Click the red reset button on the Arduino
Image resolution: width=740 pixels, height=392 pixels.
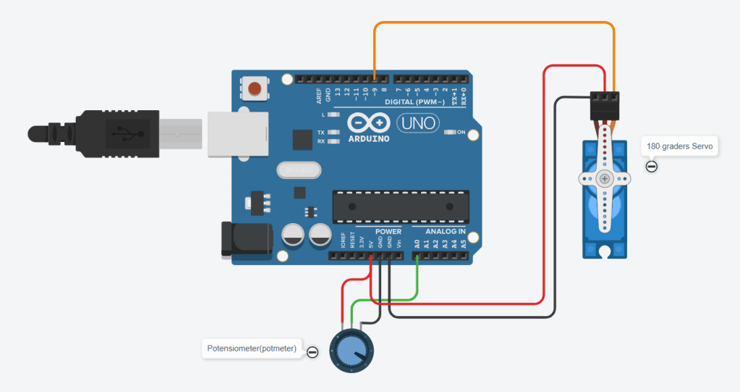click(x=254, y=89)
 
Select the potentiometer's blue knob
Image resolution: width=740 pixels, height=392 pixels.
click(x=351, y=352)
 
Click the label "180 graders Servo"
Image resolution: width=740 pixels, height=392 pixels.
click(x=679, y=146)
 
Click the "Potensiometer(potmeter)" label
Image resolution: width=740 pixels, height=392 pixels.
click(x=252, y=349)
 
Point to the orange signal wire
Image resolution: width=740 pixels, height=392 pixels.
click(x=492, y=23)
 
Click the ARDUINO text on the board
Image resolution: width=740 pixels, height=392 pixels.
click(x=369, y=138)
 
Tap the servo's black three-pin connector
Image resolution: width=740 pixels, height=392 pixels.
click(x=605, y=106)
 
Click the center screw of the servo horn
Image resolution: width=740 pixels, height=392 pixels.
click(x=604, y=178)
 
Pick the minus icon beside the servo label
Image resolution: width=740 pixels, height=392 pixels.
click(x=652, y=167)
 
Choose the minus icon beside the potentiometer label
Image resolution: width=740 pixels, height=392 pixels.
click(x=312, y=352)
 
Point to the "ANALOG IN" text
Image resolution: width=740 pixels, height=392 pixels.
click(x=445, y=232)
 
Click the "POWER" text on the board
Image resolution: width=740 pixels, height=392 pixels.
click(x=388, y=232)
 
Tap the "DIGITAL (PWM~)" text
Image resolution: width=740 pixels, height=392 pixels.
click(x=414, y=101)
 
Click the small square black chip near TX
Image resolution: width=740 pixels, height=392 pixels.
click(x=301, y=140)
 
